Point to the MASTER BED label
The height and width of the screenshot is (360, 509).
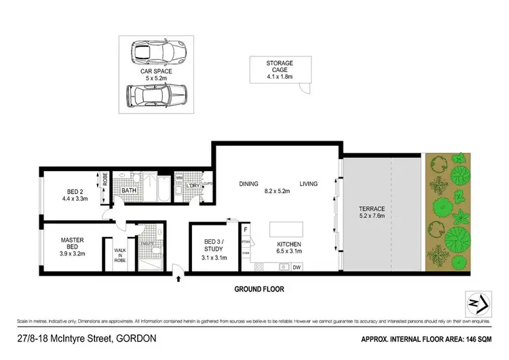pos(71,244)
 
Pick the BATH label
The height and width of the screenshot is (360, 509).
pos(130,191)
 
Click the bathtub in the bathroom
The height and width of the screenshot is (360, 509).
pos(162,188)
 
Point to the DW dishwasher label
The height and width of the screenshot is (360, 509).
pos(297,268)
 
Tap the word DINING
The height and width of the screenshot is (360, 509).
pos(250,183)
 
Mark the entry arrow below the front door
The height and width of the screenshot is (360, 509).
pos(178,278)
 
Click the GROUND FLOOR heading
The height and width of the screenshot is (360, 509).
pos(259,289)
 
